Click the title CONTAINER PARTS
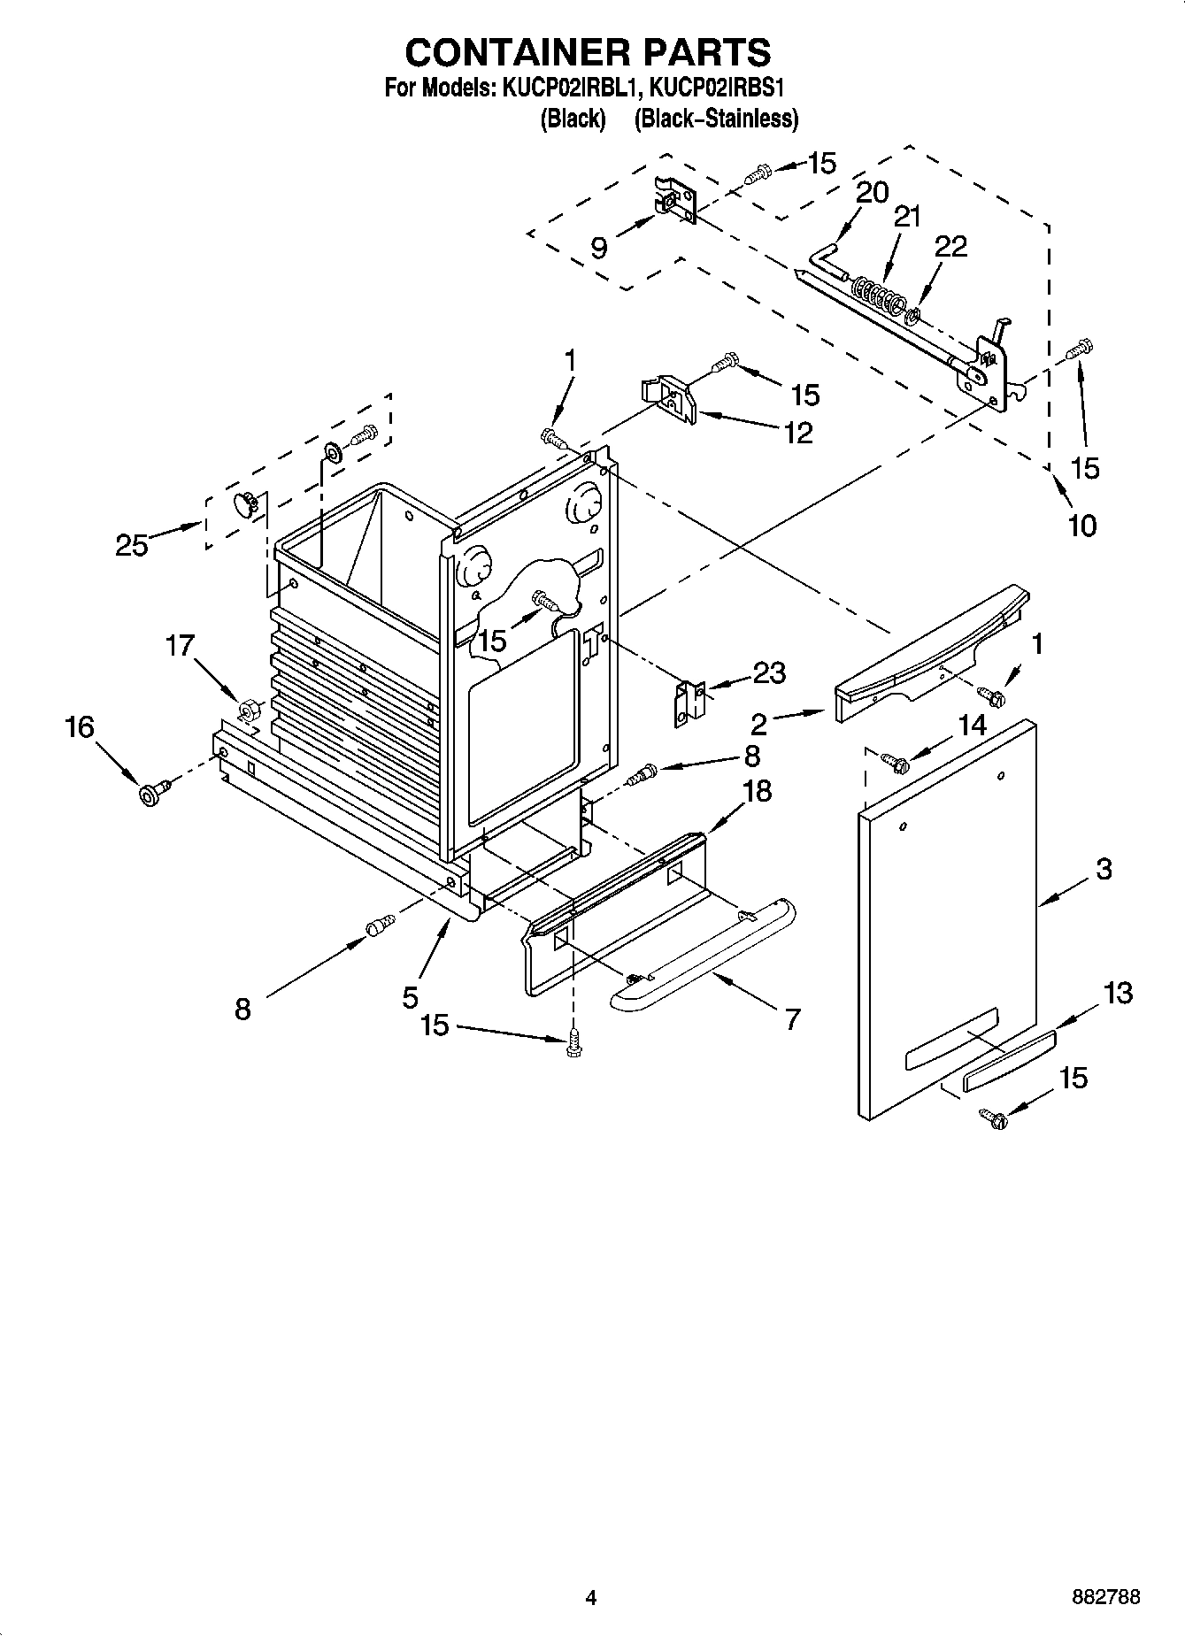(588, 52)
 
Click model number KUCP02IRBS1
(719, 88)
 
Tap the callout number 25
(132, 545)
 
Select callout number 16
(79, 727)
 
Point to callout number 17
(180, 646)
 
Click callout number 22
(951, 247)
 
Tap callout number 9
(599, 248)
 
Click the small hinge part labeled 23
(689, 703)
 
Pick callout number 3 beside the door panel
(1103, 869)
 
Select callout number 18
(758, 791)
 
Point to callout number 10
(1081, 526)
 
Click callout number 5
(410, 997)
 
